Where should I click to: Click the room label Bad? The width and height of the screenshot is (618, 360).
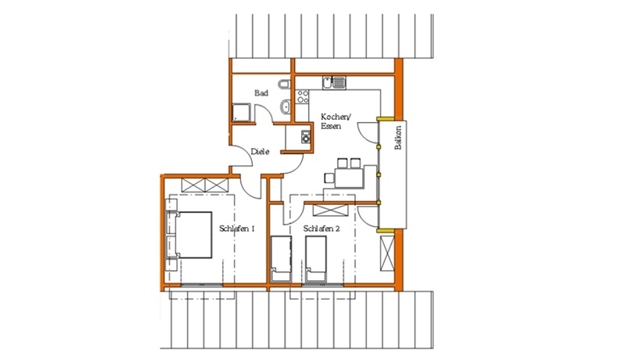(x=261, y=93)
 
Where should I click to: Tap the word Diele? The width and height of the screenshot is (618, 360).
(x=260, y=151)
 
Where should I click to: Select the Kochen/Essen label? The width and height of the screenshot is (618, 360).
(x=335, y=121)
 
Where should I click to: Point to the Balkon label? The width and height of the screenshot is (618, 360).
(x=398, y=138)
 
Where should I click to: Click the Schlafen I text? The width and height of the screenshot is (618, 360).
(x=236, y=229)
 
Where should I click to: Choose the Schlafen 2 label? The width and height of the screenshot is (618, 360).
(x=322, y=229)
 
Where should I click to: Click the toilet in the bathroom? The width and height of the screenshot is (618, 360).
(x=284, y=85)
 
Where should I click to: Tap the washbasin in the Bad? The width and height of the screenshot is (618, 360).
(x=286, y=106)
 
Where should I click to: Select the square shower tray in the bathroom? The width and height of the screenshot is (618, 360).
(x=241, y=113)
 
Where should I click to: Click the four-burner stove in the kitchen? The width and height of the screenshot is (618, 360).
(x=303, y=96)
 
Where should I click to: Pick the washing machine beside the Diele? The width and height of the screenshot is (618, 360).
(x=306, y=137)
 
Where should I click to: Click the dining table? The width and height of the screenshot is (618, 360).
(x=349, y=178)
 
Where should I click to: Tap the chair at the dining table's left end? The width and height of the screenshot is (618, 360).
(x=329, y=178)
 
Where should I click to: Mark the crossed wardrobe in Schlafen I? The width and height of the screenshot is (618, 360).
(x=205, y=185)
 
